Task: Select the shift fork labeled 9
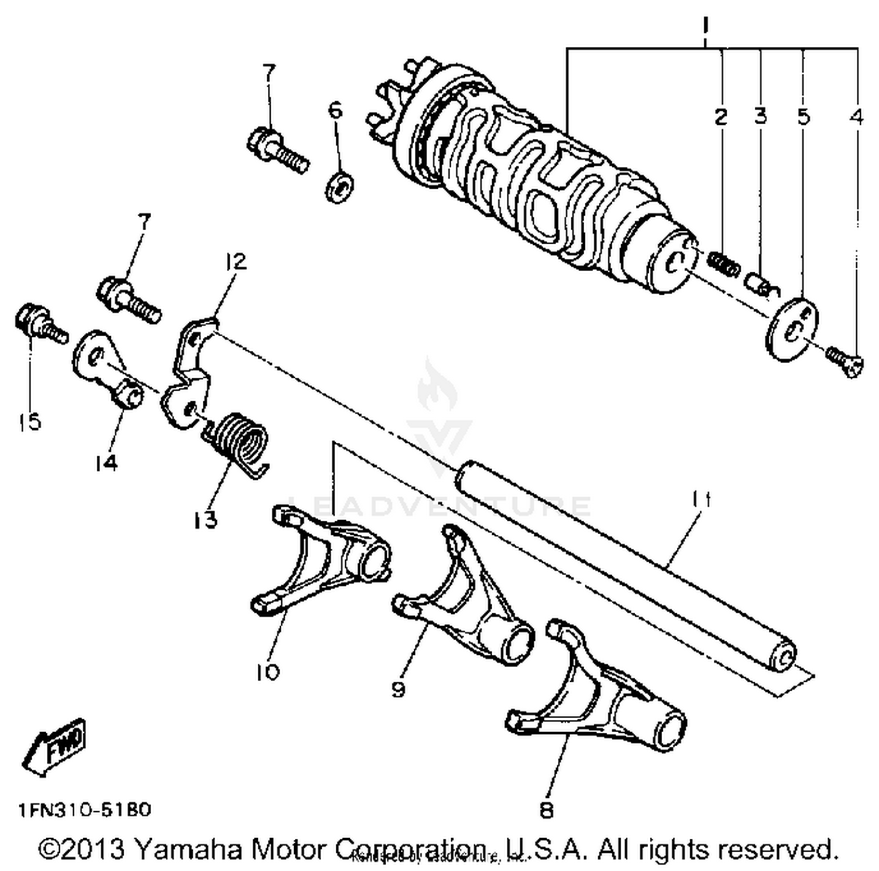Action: pyautogui.click(x=469, y=603)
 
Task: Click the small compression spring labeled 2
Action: pyautogui.click(x=721, y=261)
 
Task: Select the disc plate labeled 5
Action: pyautogui.click(x=793, y=329)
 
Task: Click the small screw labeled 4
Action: pyautogui.click(x=844, y=361)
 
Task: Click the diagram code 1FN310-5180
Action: pyautogui.click(x=85, y=809)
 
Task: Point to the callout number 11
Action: pyautogui.click(x=701, y=500)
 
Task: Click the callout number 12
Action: pyautogui.click(x=236, y=261)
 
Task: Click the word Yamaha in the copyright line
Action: pyautogui.click(x=188, y=849)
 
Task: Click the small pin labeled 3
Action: pyautogui.click(x=757, y=282)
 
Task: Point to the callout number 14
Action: pyautogui.click(x=105, y=463)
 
